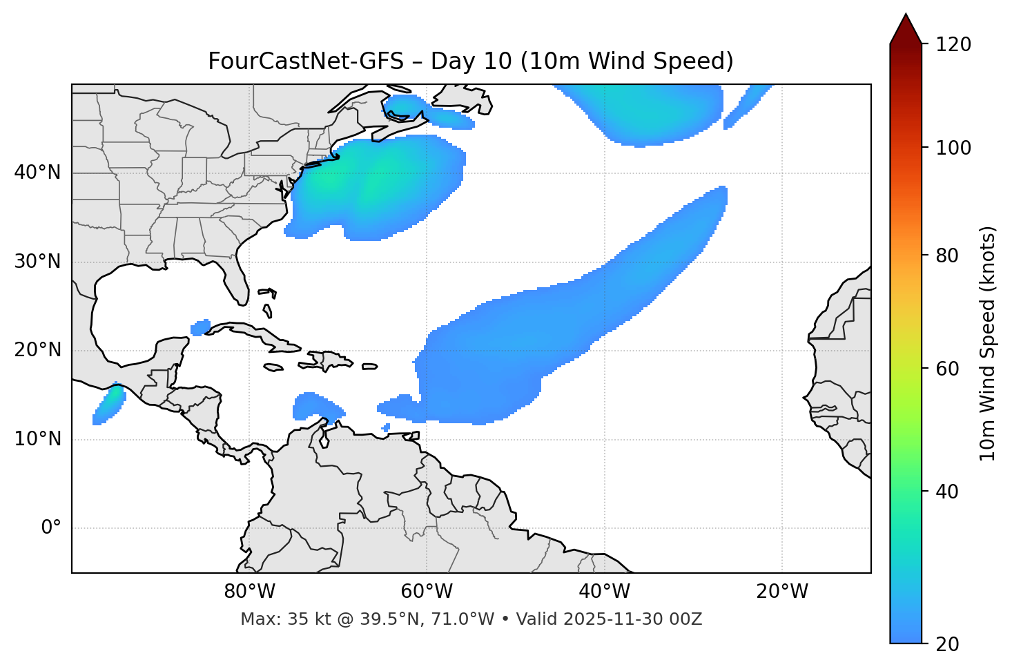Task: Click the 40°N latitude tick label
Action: pyautogui.click(x=37, y=173)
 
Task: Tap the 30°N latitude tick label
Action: pyautogui.click(x=37, y=262)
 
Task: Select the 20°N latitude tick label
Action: pyautogui.click(x=37, y=350)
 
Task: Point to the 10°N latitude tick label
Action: pyautogui.click(x=37, y=439)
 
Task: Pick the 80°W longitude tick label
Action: pyautogui.click(x=249, y=592)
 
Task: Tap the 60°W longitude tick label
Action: pyautogui.click(x=427, y=592)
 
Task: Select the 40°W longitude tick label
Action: pyautogui.click(x=604, y=592)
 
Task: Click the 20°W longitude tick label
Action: pyautogui.click(x=782, y=592)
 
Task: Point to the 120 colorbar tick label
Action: pyautogui.click(x=953, y=45)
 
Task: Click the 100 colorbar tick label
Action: pyautogui.click(x=953, y=148)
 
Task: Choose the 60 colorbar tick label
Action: pyautogui.click(x=946, y=369)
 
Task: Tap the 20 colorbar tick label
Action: pyautogui.click(x=946, y=644)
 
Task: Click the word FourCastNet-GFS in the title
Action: pyautogui.click(x=306, y=61)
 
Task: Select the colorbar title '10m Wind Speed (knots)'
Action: pyautogui.click(x=988, y=344)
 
